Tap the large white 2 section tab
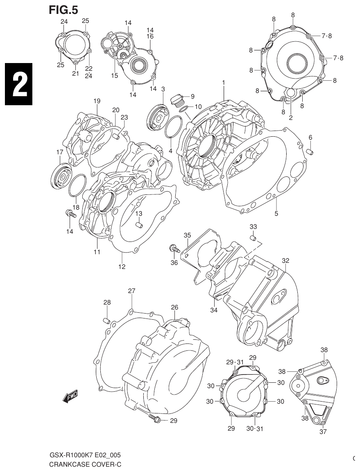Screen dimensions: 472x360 click(18, 85)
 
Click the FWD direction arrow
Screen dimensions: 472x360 click(70, 396)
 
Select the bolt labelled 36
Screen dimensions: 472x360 click(174, 248)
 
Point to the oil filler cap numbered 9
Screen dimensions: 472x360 click(177, 99)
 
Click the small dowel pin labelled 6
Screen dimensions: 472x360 click(310, 153)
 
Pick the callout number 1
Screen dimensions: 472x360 click(224, 83)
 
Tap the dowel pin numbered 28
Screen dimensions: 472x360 click(106, 320)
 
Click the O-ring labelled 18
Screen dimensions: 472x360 click(77, 186)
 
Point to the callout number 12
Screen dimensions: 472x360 click(122, 267)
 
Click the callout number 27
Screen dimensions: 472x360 click(131, 291)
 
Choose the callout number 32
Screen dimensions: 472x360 click(285, 261)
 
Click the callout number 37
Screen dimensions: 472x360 click(323, 431)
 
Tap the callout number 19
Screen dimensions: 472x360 click(97, 101)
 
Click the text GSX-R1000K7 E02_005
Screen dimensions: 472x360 click(85, 455)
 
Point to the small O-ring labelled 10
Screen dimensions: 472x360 click(184, 110)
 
